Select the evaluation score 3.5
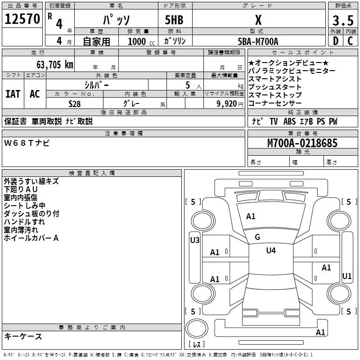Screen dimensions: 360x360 point(342,21)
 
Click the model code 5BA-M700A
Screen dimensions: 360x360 point(258,41)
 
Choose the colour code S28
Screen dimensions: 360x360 point(75,103)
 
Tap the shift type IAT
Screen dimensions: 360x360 point(13,94)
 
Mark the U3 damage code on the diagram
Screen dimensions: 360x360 point(194,240)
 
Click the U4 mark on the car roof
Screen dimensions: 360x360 point(270,250)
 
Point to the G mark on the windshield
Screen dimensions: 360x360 point(257,237)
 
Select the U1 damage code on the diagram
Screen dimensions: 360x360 point(346,276)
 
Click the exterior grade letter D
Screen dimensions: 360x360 point(335,41)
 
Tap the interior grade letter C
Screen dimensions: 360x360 point(350,41)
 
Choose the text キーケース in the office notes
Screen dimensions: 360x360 point(23,337)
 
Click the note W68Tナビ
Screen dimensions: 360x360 point(27,143)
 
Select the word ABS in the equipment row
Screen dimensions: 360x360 point(289,121)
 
